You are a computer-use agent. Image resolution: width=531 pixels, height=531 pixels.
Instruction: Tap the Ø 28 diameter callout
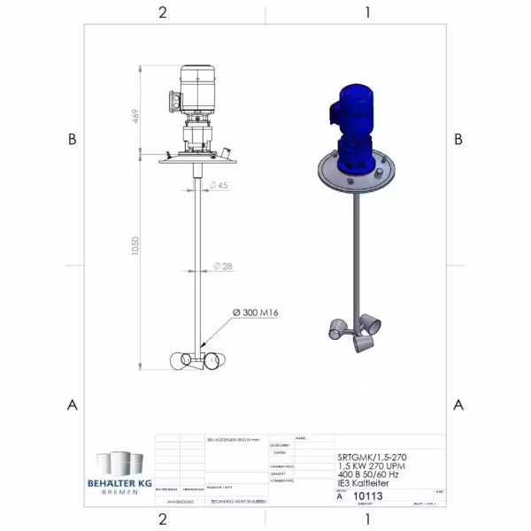point(222,266)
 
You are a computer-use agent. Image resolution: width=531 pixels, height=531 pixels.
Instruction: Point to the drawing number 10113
point(368,496)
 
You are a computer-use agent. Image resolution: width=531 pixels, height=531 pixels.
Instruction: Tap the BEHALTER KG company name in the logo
point(119,480)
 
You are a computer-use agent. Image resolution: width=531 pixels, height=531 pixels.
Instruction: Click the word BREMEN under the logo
point(119,489)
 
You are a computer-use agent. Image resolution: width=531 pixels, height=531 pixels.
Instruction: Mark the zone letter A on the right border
point(458,404)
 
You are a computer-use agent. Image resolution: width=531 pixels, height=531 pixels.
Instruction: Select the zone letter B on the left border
point(73,139)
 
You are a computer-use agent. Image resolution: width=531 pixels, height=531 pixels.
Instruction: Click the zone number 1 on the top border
point(367,12)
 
